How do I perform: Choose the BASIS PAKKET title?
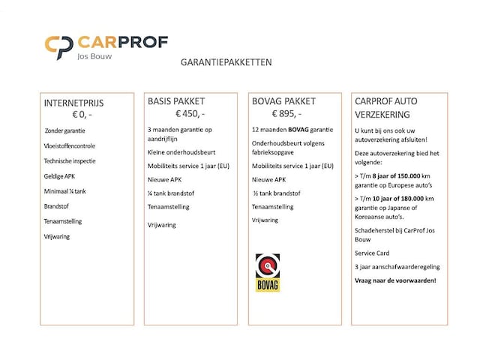[x=175, y=102]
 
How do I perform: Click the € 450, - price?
[x=191, y=115]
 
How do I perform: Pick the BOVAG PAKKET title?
[x=283, y=102]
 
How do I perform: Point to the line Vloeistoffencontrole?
[x=70, y=145]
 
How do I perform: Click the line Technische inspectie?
[x=69, y=160]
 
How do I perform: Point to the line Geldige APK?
[x=60, y=176]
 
